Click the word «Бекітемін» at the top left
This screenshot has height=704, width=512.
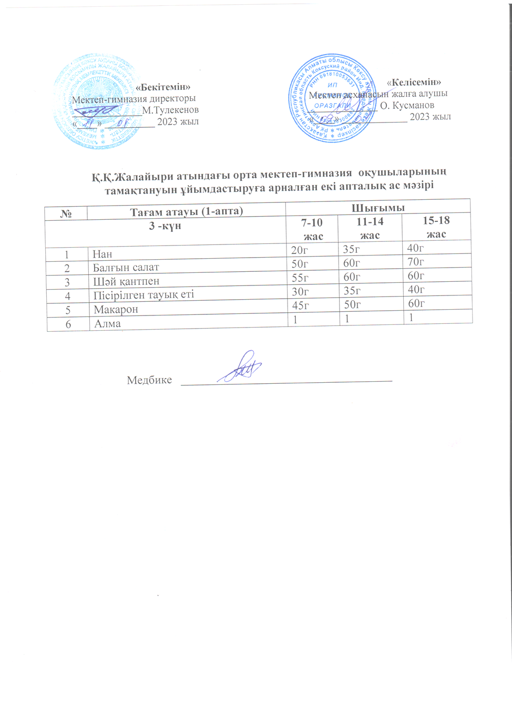163,87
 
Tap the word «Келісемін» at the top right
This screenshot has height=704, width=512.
414,82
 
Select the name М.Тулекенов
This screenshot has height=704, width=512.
170,110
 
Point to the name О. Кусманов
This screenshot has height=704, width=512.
407,105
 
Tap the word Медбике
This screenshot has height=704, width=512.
149,380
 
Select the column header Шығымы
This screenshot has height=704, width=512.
378,208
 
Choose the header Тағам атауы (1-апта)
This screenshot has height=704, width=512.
186,211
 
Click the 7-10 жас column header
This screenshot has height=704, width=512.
312,229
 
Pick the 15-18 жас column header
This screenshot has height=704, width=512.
436,227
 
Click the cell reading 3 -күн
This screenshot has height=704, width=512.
165,226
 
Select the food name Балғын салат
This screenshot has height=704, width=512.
126,268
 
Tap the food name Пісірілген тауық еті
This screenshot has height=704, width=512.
144,295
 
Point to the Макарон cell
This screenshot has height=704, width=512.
116,310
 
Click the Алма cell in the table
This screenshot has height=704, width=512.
107,324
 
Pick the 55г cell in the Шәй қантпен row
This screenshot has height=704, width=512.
300,278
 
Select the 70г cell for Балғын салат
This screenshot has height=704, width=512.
416,262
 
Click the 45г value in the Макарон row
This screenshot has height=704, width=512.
300,305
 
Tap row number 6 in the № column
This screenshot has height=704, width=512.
68,324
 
